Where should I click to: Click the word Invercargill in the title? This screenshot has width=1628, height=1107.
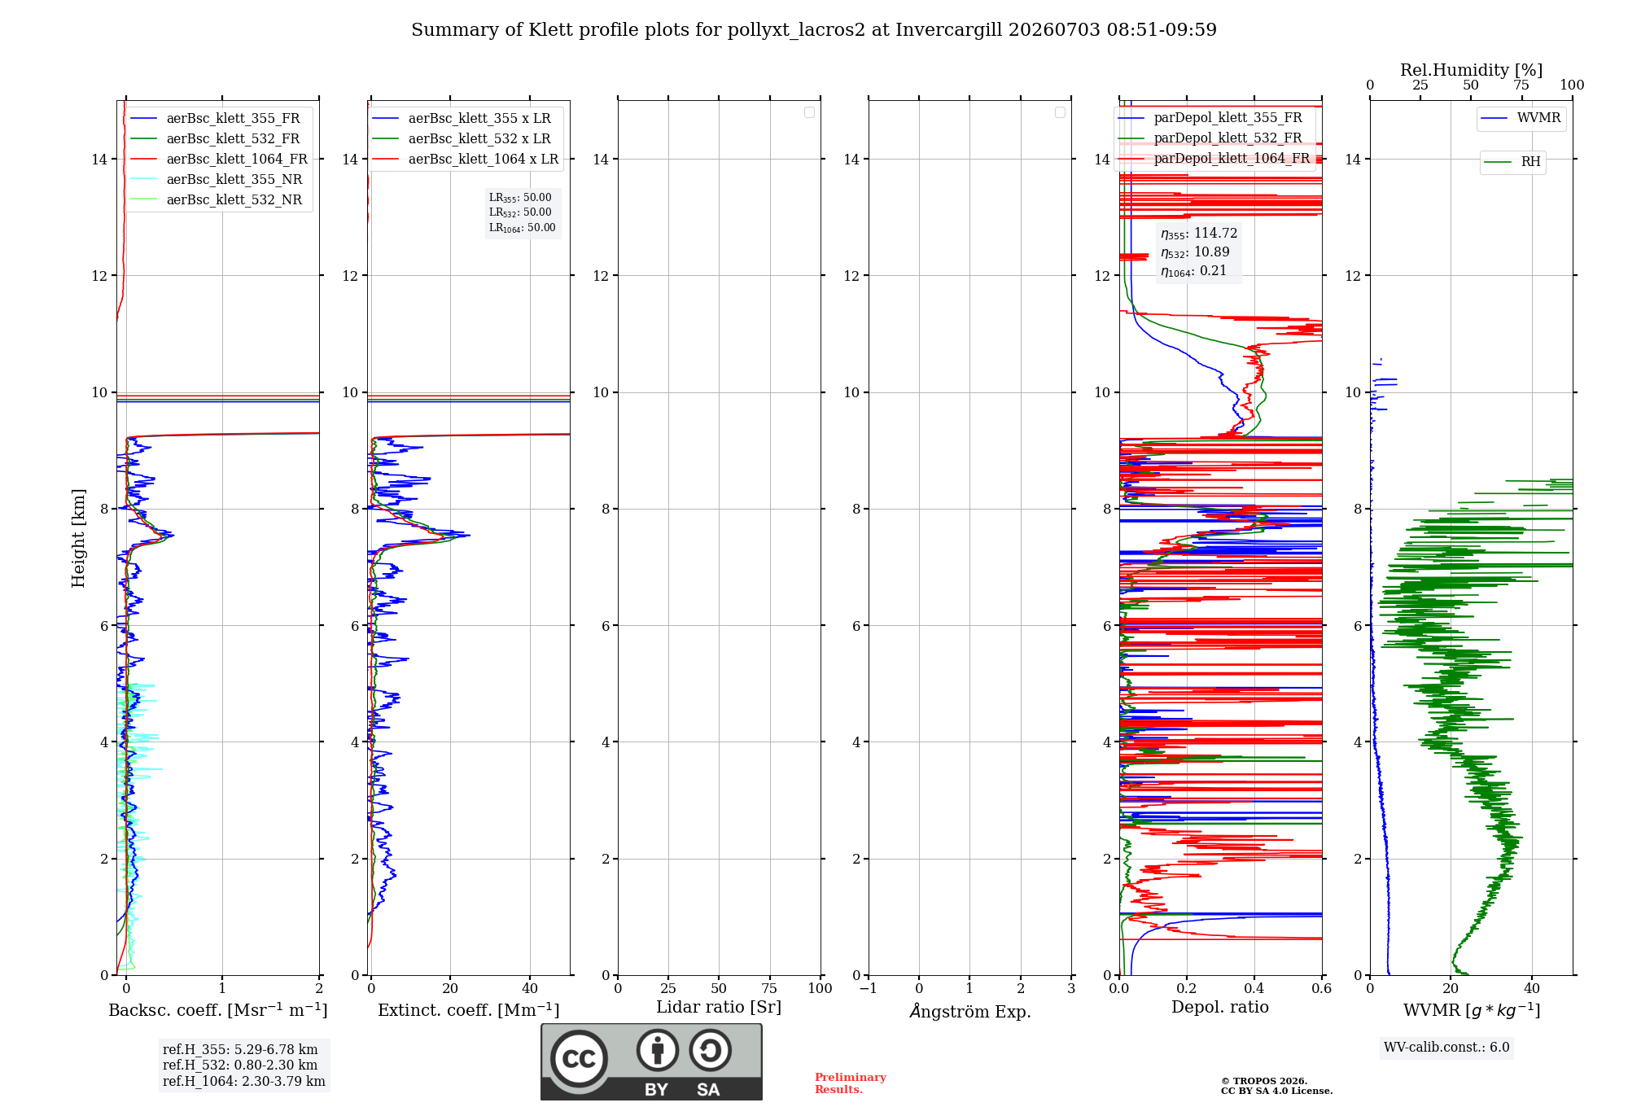(947, 30)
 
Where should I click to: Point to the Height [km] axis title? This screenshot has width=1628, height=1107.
(78, 538)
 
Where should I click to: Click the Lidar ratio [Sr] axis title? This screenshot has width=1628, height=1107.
(719, 1007)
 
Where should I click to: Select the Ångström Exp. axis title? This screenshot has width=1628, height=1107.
(969, 1011)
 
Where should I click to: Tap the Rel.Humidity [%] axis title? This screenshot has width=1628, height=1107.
(1471, 70)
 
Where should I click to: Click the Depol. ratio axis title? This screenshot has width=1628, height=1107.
(1219, 1007)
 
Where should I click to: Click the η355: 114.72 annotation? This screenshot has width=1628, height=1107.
(1199, 234)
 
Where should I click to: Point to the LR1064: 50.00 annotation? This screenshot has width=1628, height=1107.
(523, 228)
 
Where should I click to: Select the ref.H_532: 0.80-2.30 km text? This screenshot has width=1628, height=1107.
(240, 1065)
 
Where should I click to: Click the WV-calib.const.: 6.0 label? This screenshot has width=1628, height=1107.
(1446, 1048)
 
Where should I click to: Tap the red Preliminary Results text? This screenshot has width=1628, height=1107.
(850, 1083)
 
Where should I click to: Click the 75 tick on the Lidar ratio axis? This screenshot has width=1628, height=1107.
(769, 988)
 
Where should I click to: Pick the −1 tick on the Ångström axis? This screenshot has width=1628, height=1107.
(868, 988)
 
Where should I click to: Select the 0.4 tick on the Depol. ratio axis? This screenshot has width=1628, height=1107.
(1254, 988)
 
